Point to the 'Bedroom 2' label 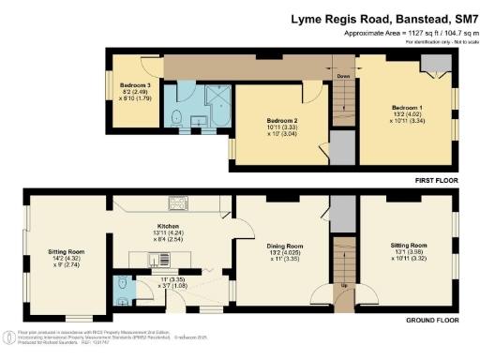pyautogui.click(x=281, y=121)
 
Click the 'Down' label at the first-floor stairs pyautogui.click(x=343, y=77)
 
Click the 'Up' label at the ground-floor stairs pyautogui.click(x=343, y=284)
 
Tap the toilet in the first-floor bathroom pyautogui.click(x=177, y=117)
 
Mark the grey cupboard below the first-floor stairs pyautogui.click(x=342, y=147)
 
